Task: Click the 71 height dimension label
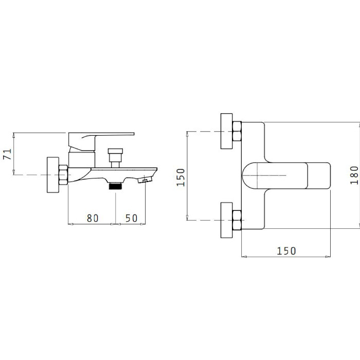(7, 154)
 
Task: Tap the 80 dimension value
(93, 218)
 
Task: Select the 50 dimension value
(131, 218)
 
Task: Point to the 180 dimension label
(354, 175)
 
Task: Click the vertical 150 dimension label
(181, 177)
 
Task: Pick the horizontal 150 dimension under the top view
(286, 251)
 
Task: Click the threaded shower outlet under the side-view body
(116, 186)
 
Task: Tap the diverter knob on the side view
(115, 151)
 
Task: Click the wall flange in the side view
(53, 175)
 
